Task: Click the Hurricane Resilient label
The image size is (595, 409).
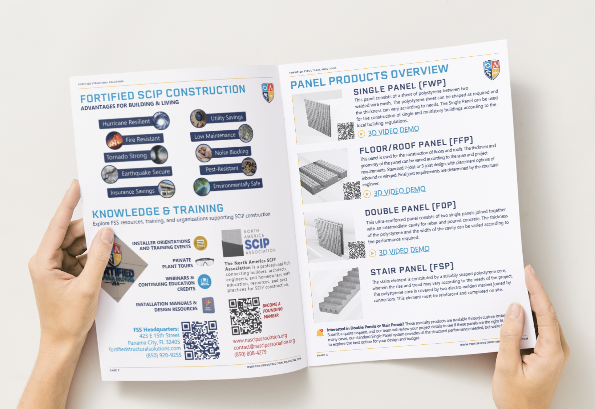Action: point(126,122)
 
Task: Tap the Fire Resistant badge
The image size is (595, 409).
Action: point(142,139)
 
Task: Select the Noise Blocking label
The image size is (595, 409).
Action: point(231,152)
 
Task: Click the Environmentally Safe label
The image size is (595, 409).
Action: point(236,185)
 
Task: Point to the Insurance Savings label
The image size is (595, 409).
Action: point(133,191)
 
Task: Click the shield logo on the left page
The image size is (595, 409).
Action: point(268,93)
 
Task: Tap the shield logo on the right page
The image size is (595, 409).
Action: point(491,70)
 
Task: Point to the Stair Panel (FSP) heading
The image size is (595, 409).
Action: point(412,269)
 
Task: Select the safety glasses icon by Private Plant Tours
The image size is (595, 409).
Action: point(205,262)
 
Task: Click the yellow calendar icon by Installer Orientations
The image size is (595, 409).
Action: point(200,243)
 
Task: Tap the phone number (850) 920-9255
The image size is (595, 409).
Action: point(163,355)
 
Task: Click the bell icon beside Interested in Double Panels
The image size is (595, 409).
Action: point(320,333)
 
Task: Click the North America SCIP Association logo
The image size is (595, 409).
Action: point(249,243)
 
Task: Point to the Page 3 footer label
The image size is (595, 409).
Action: point(322,355)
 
